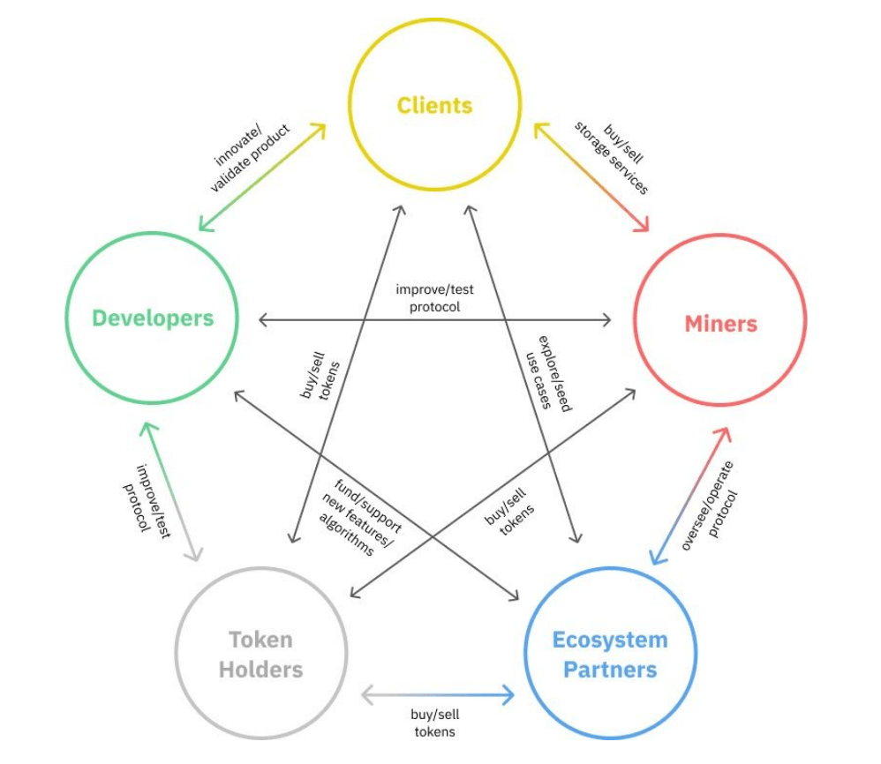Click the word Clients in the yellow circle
[x=434, y=106]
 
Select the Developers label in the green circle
[x=153, y=318]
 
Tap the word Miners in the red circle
[x=720, y=324]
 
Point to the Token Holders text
[x=260, y=654]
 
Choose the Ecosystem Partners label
[x=610, y=654]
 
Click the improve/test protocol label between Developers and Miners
[x=433, y=296]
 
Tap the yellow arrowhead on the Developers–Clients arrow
[x=319, y=129]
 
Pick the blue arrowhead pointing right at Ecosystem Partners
[x=508, y=695]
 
